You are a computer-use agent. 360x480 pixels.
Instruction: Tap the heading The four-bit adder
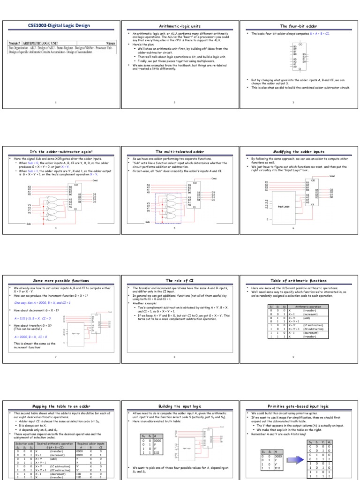[299, 27]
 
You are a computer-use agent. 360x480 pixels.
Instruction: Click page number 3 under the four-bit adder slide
[293, 102]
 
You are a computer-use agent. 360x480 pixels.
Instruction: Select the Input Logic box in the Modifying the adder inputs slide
[284, 206]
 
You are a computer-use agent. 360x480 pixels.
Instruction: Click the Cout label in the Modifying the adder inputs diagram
[332, 176]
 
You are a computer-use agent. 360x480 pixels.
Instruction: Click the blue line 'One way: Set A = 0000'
[42, 303]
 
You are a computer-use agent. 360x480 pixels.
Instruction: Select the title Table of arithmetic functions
[299, 280]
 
